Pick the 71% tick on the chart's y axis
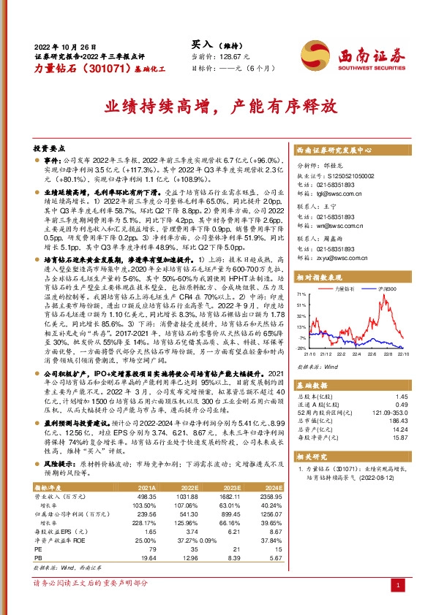pyautogui.click(x=301, y=294)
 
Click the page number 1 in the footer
pyautogui.click(x=396, y=587)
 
